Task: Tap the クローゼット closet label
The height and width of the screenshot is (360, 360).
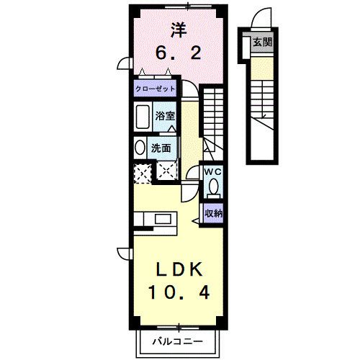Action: click(x=154, y=89)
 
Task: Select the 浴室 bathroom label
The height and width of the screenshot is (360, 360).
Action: click(x=166, y=115)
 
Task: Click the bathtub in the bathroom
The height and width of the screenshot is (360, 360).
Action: click(x=143, y=117)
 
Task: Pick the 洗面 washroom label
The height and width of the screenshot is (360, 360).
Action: click(x=161, y=148)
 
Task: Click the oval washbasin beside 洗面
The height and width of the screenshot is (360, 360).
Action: click(x=140, y=148)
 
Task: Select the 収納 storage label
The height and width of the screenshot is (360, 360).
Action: click(x=212, y=212)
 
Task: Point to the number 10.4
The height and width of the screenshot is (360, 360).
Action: click(x=181, y=292)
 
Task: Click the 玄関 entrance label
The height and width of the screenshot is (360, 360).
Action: click(x=261, y=42)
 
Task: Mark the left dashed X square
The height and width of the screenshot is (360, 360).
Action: click(x=142, y=172)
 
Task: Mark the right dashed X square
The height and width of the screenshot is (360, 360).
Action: click(x=167, y=171)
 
